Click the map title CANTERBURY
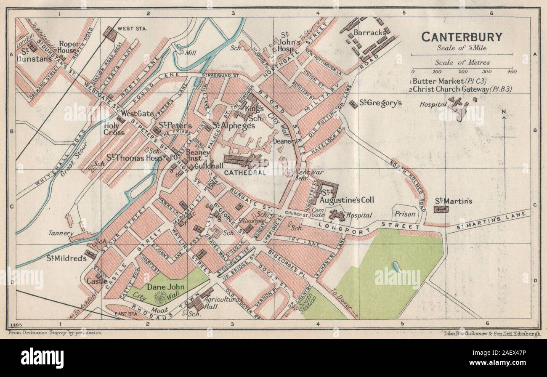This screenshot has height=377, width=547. click(x=462, y=37)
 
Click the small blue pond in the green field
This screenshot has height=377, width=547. click(x=394, y=265)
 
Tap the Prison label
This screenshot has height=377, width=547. click(x=405, y=214)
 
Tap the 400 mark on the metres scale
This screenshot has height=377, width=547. click(x=512, y=72)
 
